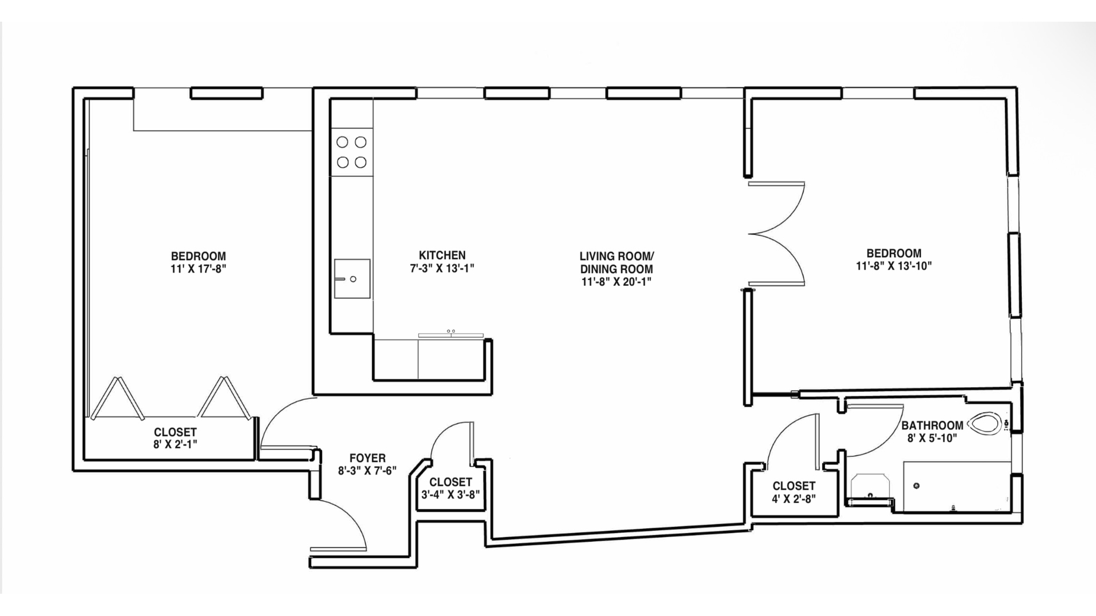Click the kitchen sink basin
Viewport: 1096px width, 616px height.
[x=352, y=279]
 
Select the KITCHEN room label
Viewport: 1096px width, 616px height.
[x=442, y=255]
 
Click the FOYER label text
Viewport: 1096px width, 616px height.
[x=367, y=458]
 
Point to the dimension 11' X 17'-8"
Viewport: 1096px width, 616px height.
[x=198, y=269]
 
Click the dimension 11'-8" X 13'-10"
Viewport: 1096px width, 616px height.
[x=893, y=266]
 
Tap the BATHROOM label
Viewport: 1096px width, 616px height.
[x=932, y=425]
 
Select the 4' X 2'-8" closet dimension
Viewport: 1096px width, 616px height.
[x=793, y=499]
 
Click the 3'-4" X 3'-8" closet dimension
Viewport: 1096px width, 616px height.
[x=450, y=495]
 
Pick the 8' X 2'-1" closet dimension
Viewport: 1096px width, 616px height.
[x=175, y=444]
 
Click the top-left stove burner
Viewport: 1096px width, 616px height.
[x=342, y=142]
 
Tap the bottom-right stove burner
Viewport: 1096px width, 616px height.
[x=360, y=163]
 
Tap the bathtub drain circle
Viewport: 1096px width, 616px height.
[x=917, y=486]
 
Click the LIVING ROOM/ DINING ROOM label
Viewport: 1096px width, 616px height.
[x=616, y=262]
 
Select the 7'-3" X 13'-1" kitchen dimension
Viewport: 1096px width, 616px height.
[x=442, y=268]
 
